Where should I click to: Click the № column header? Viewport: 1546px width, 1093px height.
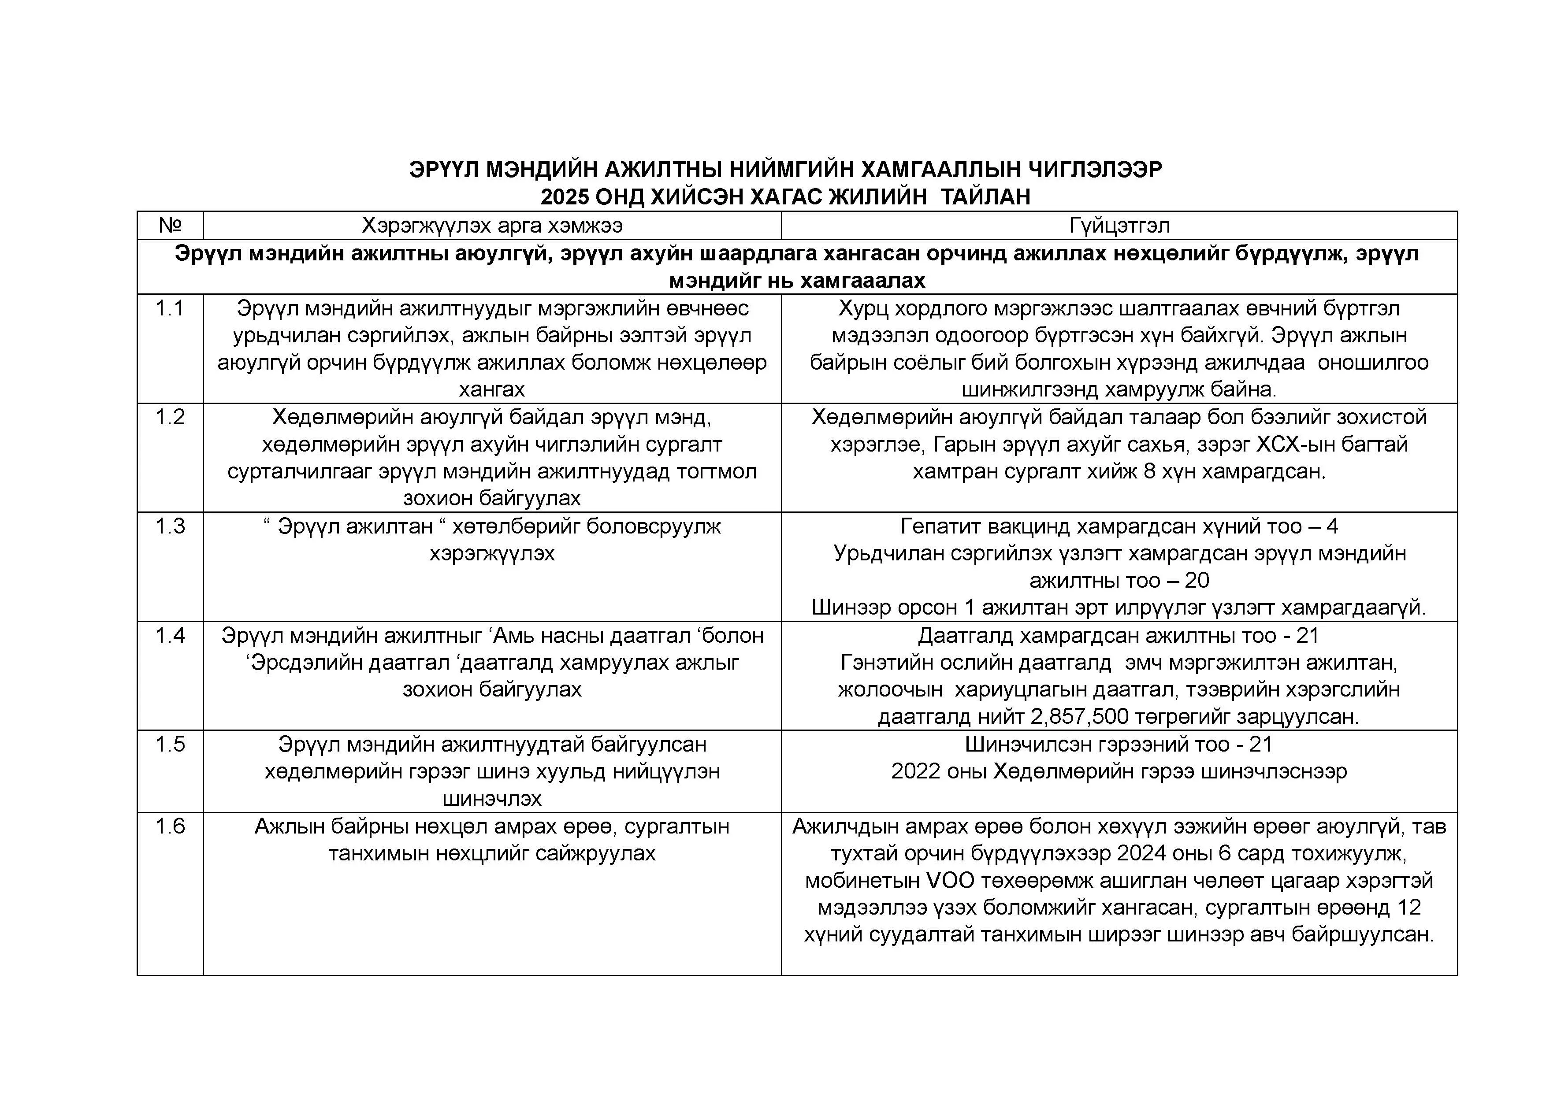(x=170, y=225)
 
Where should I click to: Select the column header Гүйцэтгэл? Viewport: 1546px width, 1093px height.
(x=1119, y=225)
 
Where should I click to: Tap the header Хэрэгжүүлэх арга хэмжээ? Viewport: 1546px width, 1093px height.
(x=492, y=225)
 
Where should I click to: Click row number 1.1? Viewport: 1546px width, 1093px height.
(x=170, y=308)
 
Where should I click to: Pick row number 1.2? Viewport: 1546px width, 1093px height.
(x=170, y=417)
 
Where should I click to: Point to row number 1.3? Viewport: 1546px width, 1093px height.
(x=170, y=526)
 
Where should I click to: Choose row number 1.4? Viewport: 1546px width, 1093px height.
(x=170, y=635)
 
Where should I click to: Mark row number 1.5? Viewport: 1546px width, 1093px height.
(x=170, y=745)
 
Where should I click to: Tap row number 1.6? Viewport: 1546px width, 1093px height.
(x=170, y=826)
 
